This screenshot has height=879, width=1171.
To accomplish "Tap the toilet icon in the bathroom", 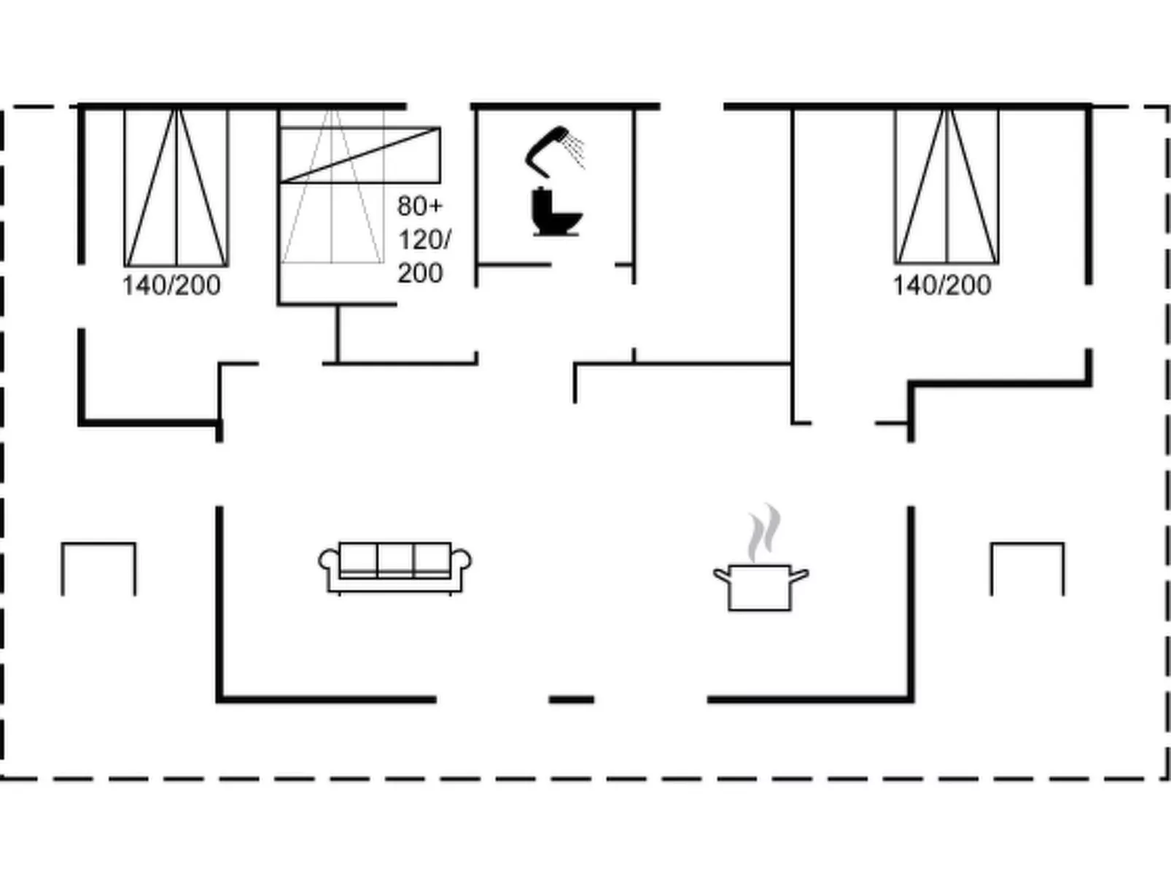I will click(556, 212).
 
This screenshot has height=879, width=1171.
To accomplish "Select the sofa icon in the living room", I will click(394, 567).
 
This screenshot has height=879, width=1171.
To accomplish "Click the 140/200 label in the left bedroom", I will click(171, 285).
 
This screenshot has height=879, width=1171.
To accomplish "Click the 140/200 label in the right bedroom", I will click(942, 285).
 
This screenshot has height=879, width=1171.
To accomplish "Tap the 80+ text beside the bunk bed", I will click(420, 206).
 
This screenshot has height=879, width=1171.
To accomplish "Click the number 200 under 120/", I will click(420, 273).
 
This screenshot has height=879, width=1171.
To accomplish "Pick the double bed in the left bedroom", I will click(176, 187).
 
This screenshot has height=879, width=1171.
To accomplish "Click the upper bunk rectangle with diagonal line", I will click(360, 155).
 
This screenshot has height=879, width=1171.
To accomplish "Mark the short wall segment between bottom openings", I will click(571, 699).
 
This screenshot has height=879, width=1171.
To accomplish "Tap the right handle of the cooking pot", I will click(800, 576).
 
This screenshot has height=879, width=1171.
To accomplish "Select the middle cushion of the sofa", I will click(395, 559).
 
